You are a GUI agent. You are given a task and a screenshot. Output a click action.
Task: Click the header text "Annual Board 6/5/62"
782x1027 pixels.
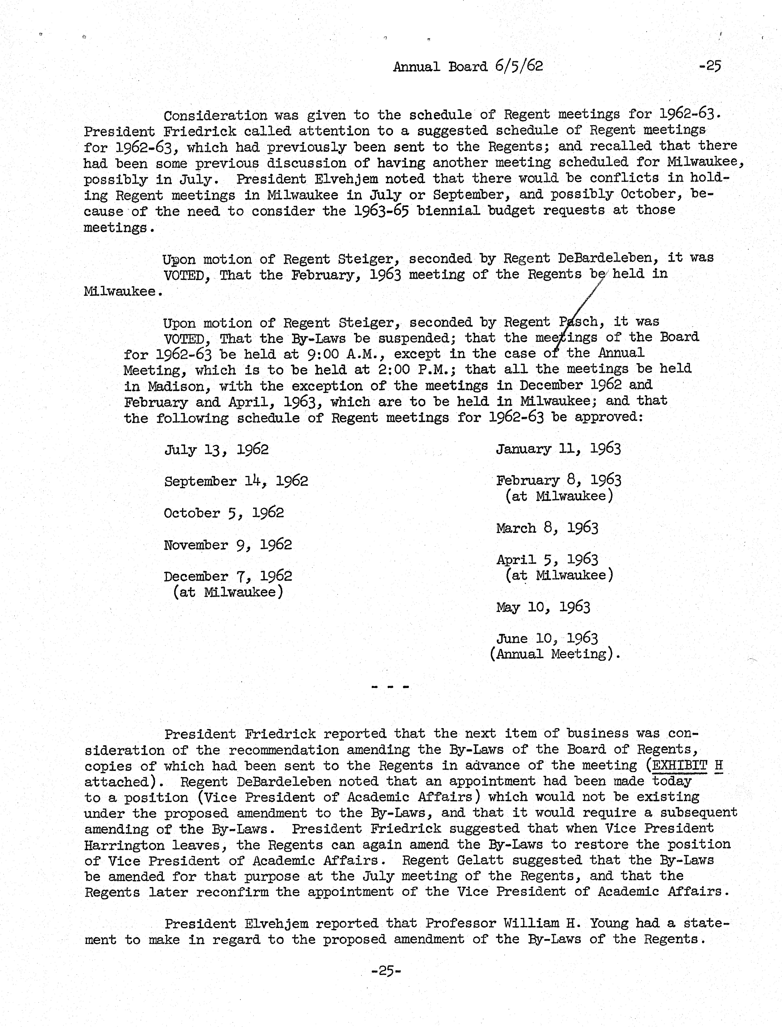[468, 66]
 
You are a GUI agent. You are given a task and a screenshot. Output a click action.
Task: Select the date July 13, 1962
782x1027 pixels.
[216, 450]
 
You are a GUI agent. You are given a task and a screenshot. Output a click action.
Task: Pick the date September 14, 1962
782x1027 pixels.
[236, 481]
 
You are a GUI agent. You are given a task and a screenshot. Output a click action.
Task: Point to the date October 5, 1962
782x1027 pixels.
[224, 513]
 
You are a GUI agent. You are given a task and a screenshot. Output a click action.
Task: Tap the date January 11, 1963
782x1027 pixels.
[558, 449]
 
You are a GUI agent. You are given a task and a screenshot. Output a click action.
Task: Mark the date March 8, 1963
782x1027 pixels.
[547, 528]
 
